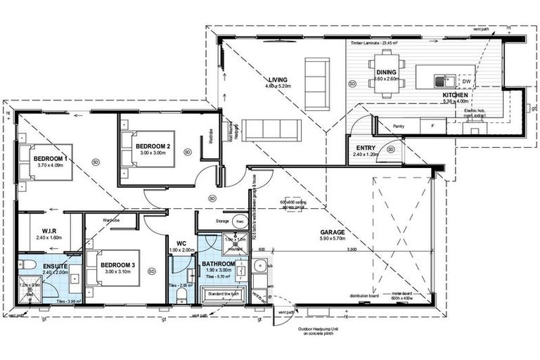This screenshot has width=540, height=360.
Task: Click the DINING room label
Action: coord(386,72)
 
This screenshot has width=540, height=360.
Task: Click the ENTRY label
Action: coord(366,147)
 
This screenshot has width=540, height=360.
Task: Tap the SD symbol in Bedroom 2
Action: coord(187,151)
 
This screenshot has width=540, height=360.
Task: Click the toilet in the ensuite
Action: coord(27,265)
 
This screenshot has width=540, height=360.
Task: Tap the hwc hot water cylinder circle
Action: coord(239,221)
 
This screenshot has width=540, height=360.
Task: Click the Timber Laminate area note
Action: coord(374,42)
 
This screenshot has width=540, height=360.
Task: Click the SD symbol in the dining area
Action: coord(352,84)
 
